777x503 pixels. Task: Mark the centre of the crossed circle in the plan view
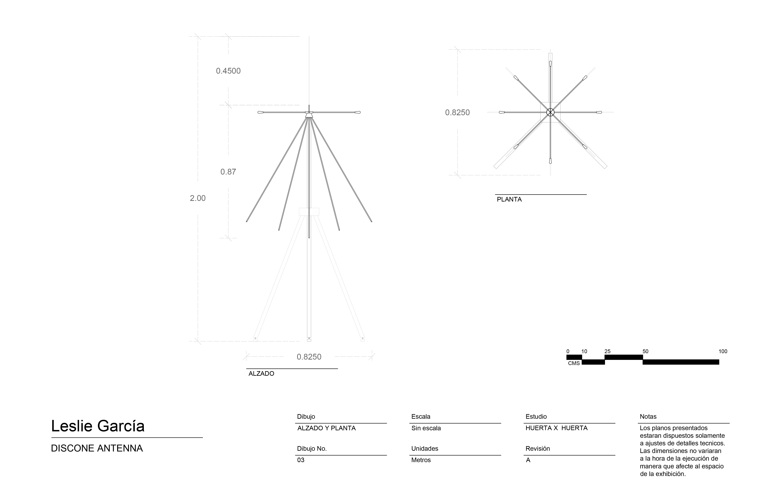tap(550, 112)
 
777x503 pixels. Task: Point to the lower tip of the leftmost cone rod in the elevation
tap(247, 222)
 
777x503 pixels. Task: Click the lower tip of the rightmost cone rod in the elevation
tap(372, 222)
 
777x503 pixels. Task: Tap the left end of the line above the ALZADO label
tap(247, 369)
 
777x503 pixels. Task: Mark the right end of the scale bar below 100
tap(719, 362)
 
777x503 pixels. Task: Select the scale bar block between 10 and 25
tap(593, 362)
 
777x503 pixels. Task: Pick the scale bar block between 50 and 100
tap(681, 362)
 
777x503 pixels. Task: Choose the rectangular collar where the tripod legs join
tap(309, 212)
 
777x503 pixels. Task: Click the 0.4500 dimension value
tap(228, 71)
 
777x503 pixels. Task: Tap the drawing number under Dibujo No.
tap(301, 460)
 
